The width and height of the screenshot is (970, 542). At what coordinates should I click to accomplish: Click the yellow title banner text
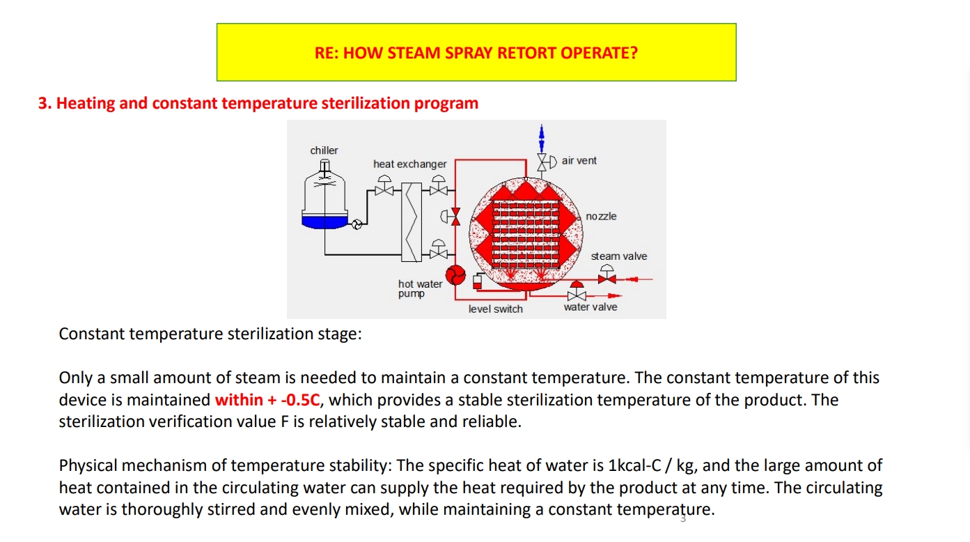coord(476,53)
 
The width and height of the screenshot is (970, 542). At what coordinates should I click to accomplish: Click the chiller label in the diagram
coord(324,150)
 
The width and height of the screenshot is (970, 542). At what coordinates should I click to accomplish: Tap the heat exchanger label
coord(409,164)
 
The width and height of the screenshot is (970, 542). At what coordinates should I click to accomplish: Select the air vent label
coord(579,160)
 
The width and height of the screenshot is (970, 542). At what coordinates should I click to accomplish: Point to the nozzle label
coord(601,216)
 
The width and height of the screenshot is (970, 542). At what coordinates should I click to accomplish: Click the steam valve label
coord(619,256)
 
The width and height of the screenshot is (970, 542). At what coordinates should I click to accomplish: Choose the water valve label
coord(590,307)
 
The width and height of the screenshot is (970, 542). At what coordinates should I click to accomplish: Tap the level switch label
coord(495,309)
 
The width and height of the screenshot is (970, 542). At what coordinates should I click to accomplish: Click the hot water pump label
coord(420,289)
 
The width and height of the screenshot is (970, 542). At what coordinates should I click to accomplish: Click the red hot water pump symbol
coord(455,274)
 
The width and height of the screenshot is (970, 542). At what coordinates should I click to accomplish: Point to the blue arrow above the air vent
coord(541,138)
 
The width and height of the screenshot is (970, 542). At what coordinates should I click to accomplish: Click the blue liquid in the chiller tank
coord(324,222)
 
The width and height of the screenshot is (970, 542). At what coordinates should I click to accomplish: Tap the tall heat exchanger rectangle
coord(412,222)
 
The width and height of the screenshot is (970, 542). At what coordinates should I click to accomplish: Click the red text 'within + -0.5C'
coord(267,399)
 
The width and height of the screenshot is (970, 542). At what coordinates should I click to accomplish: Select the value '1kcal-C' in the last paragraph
coord(634,465)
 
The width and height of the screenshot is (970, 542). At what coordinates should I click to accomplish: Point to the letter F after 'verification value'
coord(285,421)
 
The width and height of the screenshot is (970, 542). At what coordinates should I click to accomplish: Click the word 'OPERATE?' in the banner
coord(600,53)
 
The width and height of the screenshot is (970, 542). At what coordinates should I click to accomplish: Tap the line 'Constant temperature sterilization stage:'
coord(210,334)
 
